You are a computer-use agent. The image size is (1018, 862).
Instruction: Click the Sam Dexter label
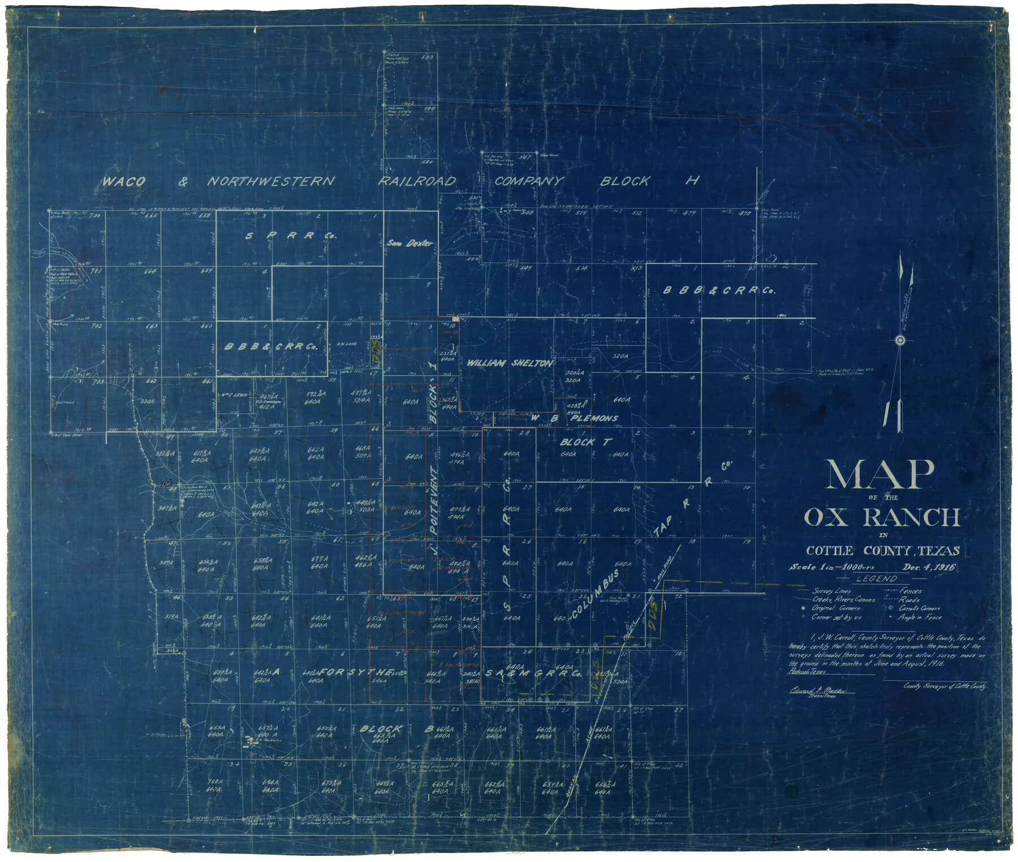coord(410,243)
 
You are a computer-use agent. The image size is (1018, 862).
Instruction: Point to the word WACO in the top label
coord(123,181)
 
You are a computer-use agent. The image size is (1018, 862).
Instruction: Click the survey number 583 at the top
coord(428,58)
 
